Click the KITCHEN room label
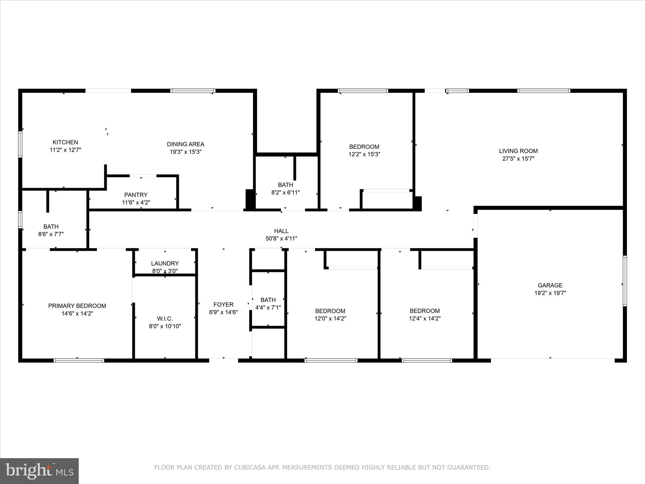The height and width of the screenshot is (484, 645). pos(65,142)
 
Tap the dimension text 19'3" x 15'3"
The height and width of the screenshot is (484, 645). pos(186,152)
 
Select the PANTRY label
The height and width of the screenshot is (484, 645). pos(136,195)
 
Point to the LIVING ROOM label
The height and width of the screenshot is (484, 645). pos(518,151)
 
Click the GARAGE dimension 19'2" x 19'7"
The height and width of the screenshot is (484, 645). pos(550,293)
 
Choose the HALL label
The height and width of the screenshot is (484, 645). pos(281,231)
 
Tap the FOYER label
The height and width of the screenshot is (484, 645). pos(223,305)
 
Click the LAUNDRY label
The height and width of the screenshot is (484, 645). pos(165,263)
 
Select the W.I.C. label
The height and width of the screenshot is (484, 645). pos(165,319)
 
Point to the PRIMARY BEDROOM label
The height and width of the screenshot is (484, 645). pos(77,306)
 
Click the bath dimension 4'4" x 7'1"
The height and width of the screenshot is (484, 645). pos(268,308)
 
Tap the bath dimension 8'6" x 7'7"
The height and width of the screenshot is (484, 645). pos(51,234)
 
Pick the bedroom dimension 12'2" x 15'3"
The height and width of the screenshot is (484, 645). pos(364,154)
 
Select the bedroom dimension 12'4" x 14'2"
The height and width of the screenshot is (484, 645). pos(425,319)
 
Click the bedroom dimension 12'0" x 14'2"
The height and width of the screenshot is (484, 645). pos(330,319)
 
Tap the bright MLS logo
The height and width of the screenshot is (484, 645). pos(39,471)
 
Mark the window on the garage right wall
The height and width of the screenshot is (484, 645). pos(625,281)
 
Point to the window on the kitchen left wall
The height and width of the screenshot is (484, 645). pos(20,144)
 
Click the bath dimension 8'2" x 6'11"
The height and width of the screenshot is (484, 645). pos(285,193)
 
